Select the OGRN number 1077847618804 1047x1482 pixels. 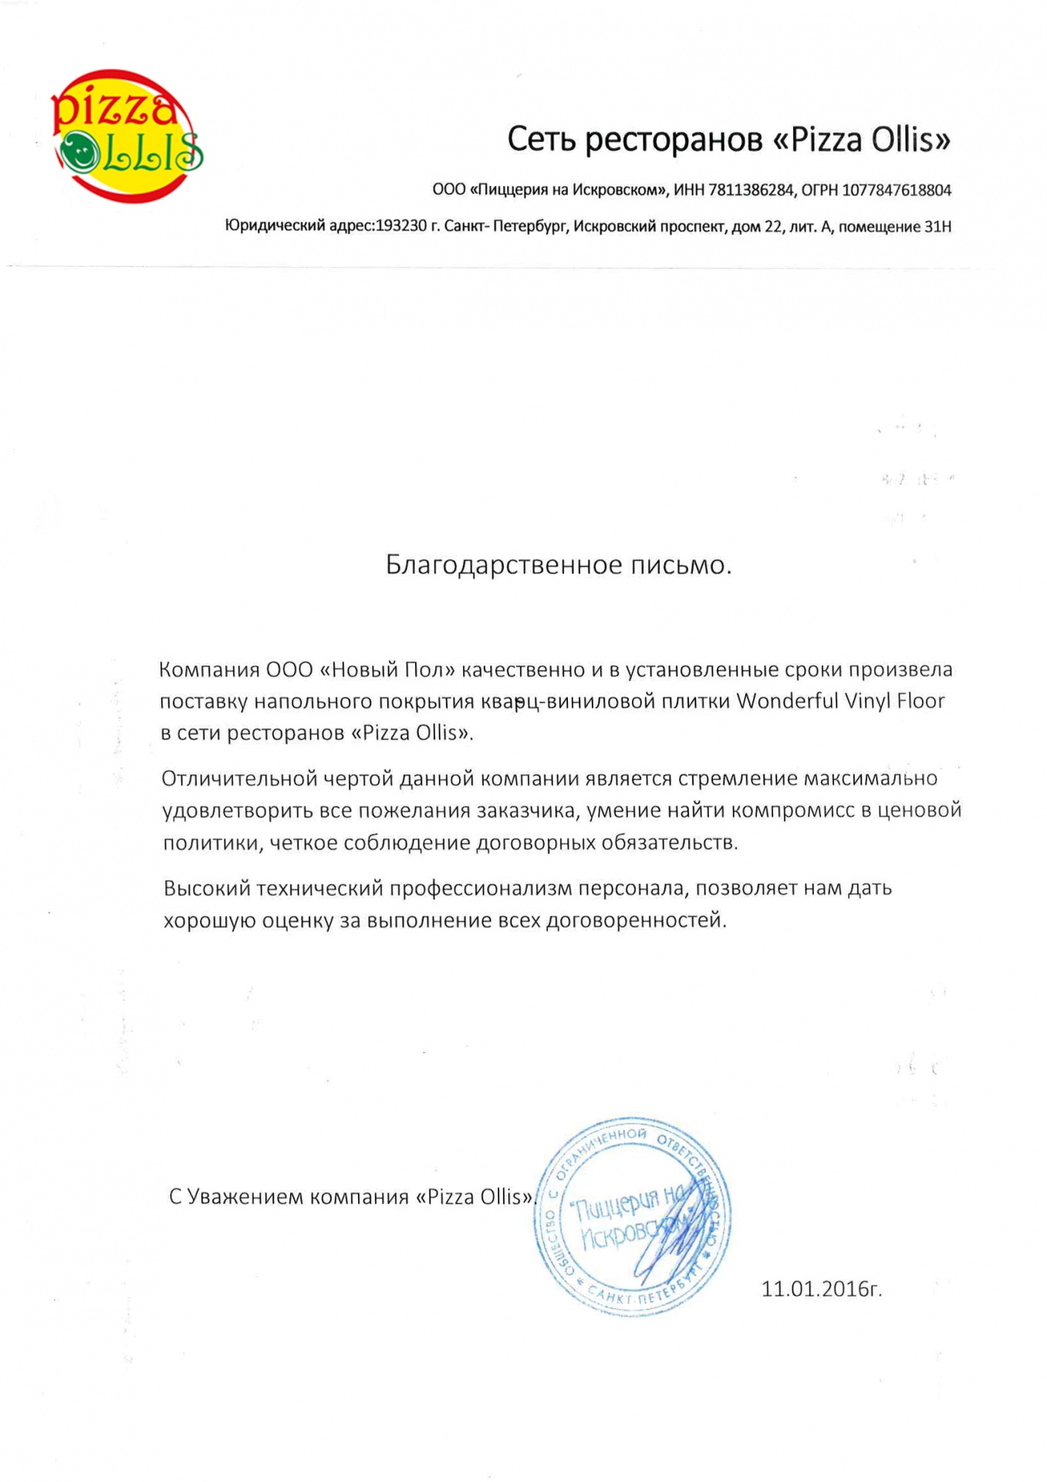point(896,190)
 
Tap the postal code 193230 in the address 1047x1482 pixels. point(400,227)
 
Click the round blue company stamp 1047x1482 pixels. point(633,1216)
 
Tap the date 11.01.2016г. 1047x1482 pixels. point(821,1289)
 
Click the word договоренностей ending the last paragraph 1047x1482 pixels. point(635,920)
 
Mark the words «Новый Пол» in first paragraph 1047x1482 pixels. point(387,669)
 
